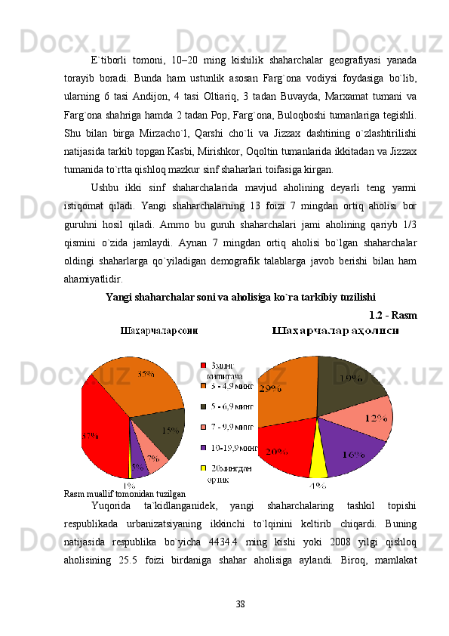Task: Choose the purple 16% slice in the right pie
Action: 352,453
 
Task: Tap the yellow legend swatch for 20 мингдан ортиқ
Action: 202,468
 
